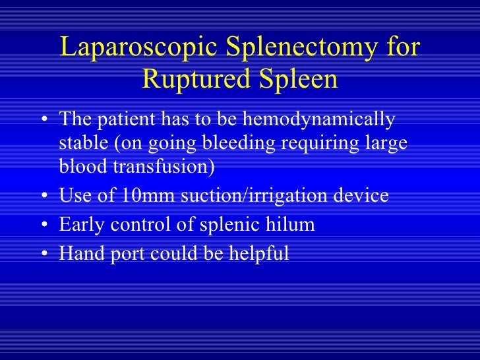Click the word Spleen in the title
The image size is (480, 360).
click(x=296, y=80)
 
